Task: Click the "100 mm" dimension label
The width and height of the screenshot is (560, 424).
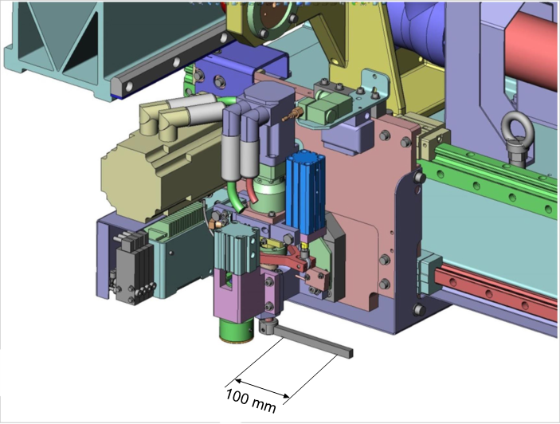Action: [x=251, y=400]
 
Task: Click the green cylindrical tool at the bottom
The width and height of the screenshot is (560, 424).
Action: [x=236, y=331]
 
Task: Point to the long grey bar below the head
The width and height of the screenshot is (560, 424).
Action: [x=314, y=342]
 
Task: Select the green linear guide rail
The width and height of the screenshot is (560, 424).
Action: [x=489, y=180]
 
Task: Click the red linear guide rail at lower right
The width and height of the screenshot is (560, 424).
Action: [x=496, y=289]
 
